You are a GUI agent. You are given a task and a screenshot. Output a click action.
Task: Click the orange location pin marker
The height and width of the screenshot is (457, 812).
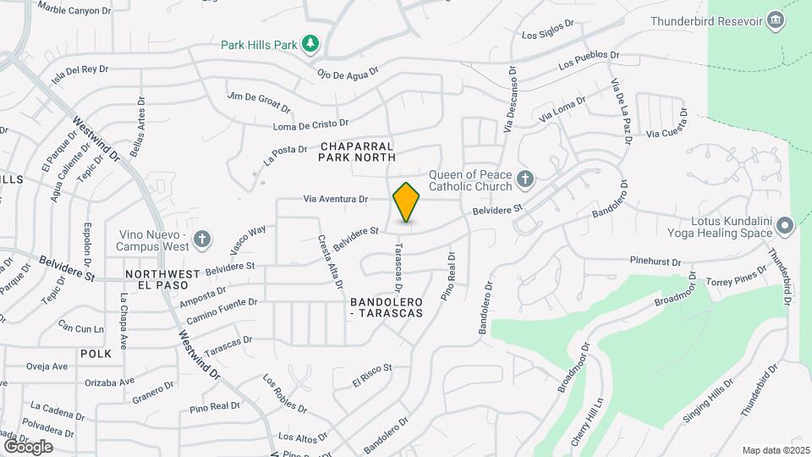407,202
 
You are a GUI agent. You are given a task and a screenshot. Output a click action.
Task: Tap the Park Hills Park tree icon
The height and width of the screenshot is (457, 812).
311,43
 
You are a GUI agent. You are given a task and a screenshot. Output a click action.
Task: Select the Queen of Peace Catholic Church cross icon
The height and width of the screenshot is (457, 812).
524,179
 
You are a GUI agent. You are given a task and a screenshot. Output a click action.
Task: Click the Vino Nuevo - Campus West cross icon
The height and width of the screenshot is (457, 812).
201,240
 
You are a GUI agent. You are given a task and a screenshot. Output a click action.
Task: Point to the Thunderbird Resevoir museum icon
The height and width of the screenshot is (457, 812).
775,21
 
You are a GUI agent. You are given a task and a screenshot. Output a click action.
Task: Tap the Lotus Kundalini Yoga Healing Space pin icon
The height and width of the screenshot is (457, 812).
784,226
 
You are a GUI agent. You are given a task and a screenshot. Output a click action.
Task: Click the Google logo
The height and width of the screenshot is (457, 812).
28,446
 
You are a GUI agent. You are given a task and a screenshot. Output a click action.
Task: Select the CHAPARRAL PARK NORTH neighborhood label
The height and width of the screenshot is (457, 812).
357,151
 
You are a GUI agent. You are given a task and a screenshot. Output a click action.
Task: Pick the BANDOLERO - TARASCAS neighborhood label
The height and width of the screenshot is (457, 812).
385,307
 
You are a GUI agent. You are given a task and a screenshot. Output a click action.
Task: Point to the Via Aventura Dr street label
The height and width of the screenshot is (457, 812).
336,200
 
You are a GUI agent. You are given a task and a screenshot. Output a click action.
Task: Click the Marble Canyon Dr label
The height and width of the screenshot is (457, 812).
74,9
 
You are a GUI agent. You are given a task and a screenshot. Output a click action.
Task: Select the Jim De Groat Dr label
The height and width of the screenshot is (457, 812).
260,102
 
